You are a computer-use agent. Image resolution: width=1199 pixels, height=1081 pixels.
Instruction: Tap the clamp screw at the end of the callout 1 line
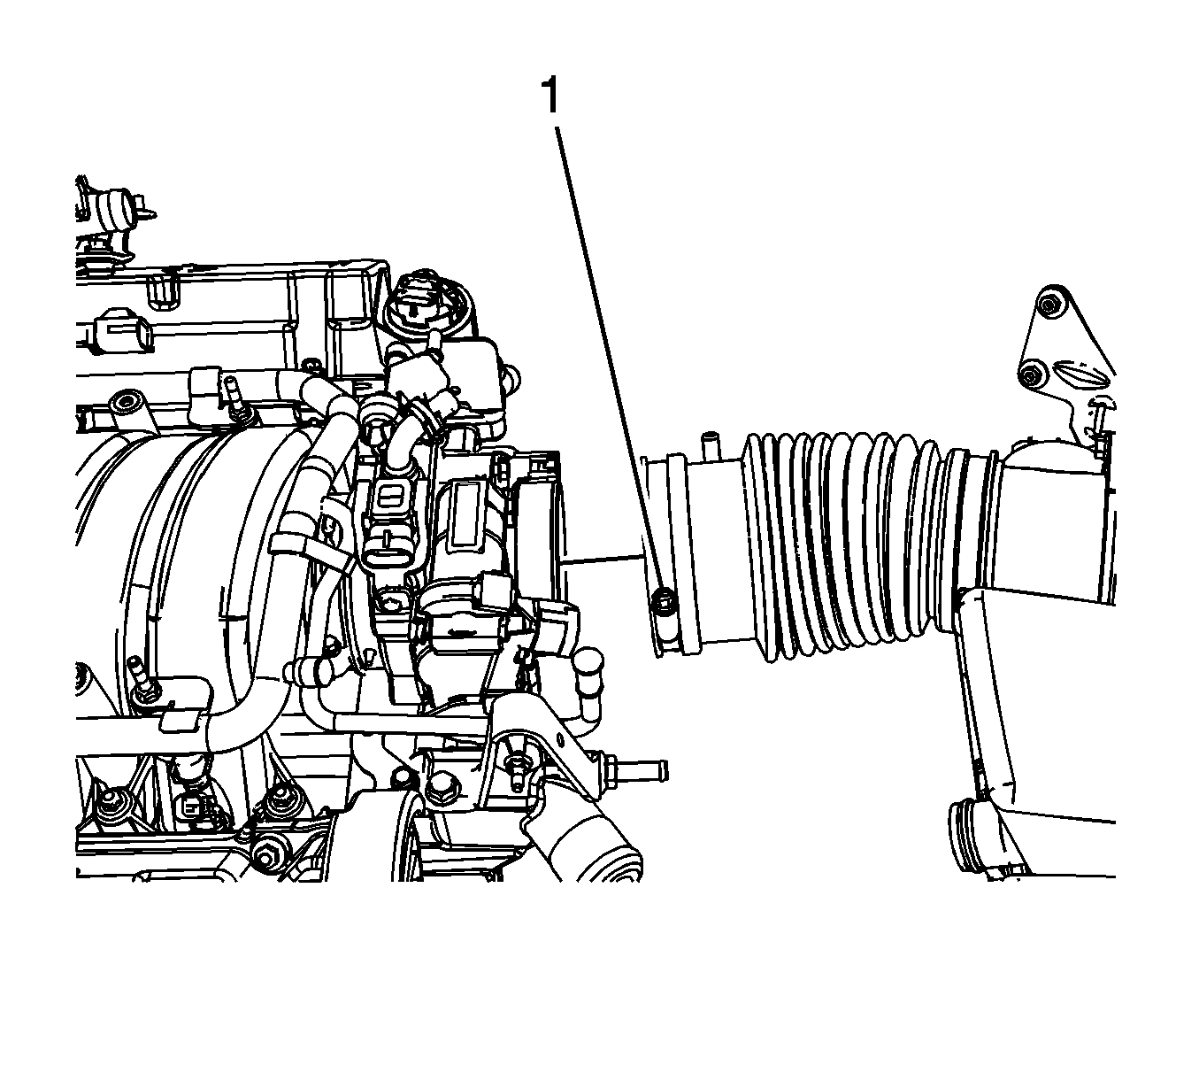coord(664,606)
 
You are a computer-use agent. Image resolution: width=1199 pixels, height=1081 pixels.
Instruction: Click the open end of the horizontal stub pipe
coord(662,771)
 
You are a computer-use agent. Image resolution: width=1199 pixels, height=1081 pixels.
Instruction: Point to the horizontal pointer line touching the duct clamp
coord(602,559)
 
